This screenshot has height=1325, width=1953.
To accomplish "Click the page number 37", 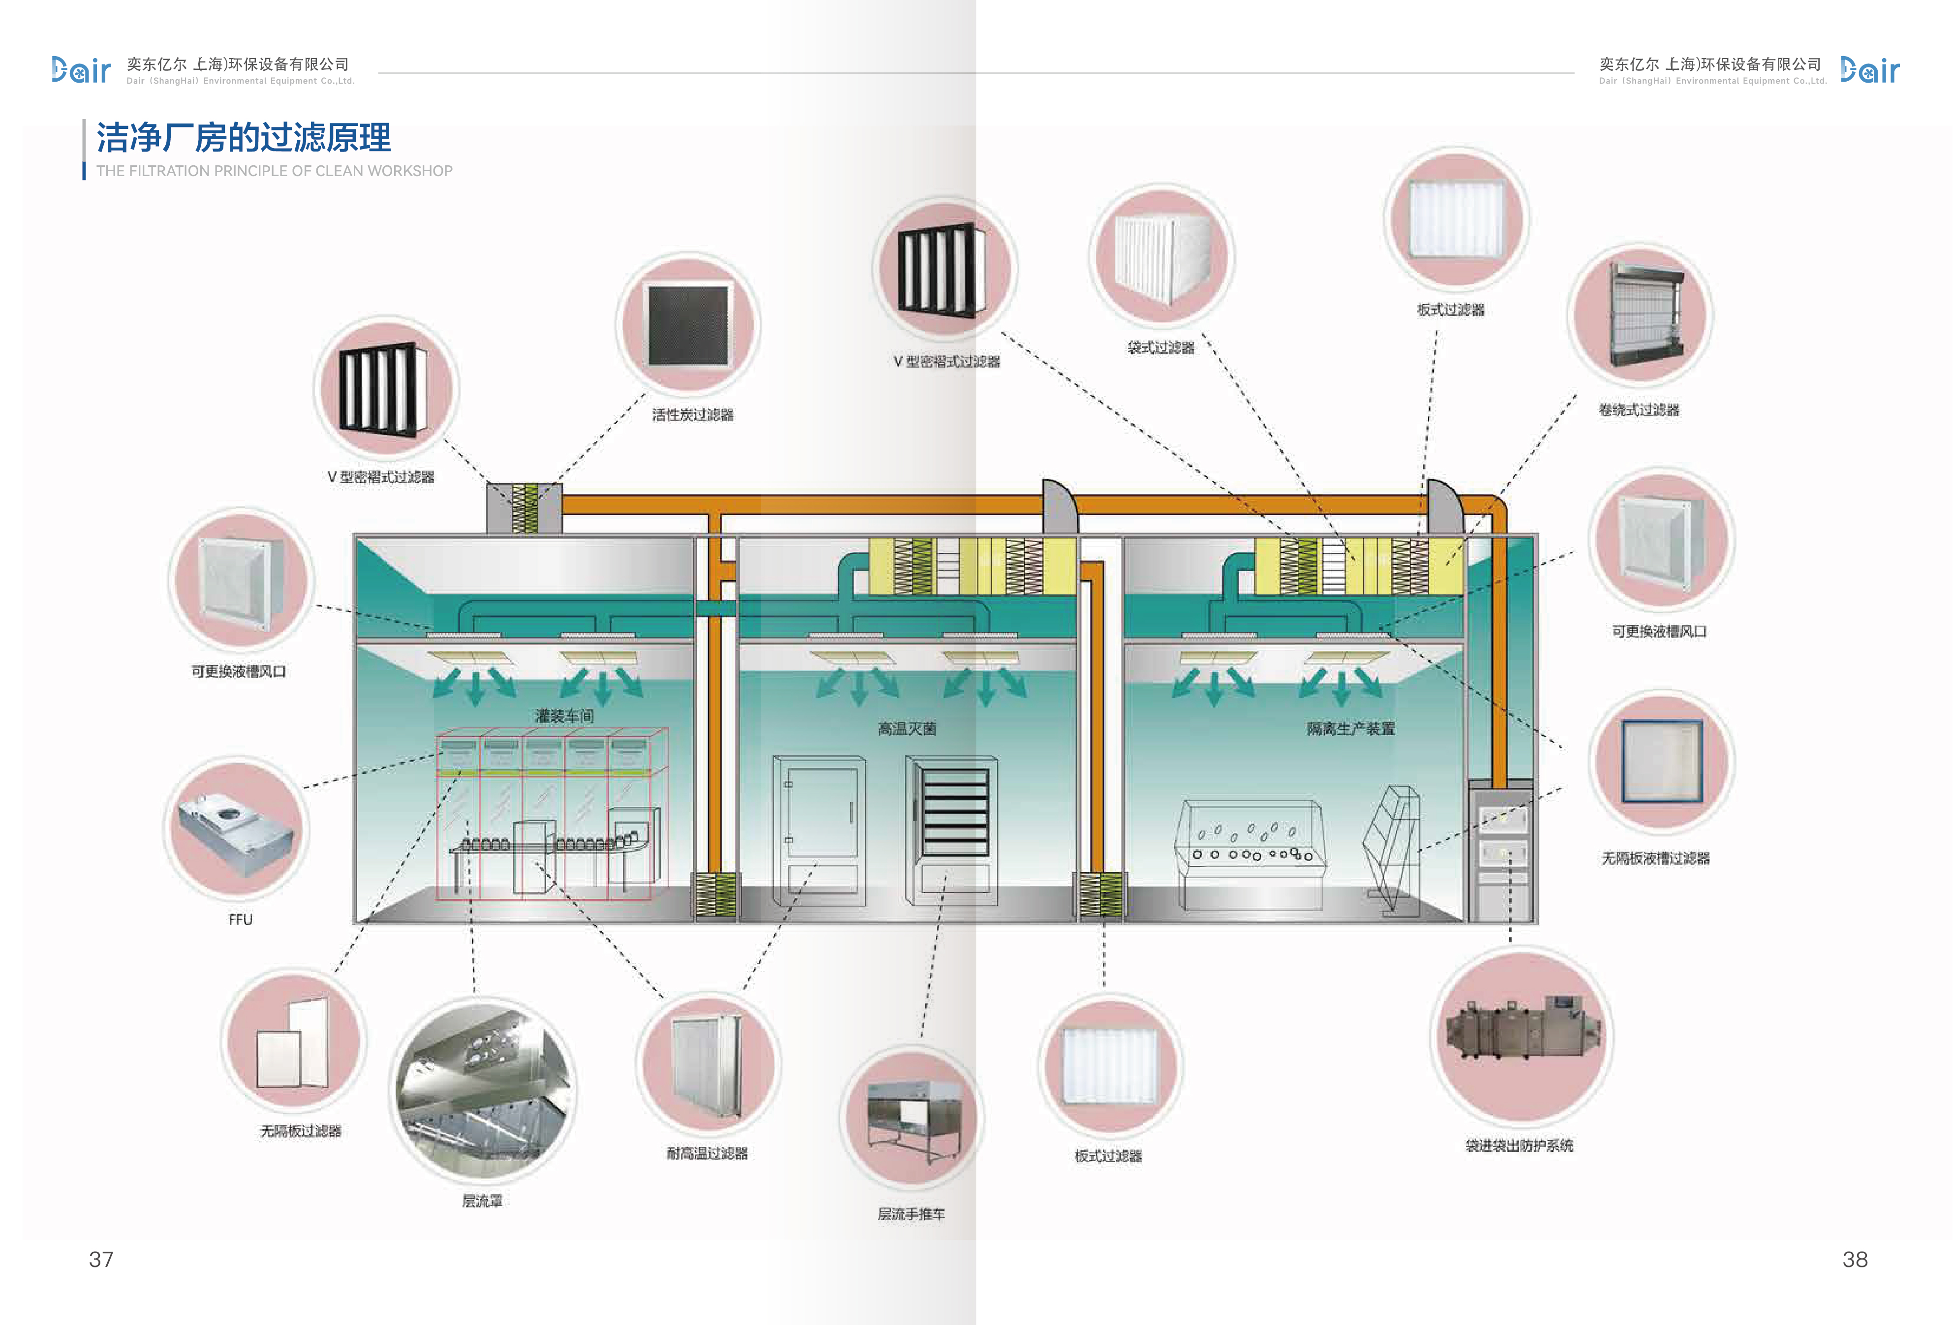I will pos(101,1259).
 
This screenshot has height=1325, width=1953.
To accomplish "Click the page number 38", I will pos(1855,1259).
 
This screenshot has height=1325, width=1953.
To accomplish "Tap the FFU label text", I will pos(240,919).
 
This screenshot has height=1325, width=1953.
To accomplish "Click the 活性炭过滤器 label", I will pos(692,414).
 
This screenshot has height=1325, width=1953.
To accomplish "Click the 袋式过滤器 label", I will pos(1161,347).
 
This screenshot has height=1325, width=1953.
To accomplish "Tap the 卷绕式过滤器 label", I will pos(1639,410).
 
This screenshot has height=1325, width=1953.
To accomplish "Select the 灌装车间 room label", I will pos(565,716).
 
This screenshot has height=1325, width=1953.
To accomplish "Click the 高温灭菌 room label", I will pos(907,729).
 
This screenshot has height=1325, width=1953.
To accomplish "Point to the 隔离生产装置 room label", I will pos(1350,729).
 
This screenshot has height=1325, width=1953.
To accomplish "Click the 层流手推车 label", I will pos(911,1214).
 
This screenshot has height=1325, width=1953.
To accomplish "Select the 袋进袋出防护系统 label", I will pos(1519,1145).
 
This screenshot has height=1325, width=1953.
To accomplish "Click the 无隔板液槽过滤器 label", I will pos(1655,858).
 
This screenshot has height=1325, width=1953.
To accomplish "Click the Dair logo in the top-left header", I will pos(81,70).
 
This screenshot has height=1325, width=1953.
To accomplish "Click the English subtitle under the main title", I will pos(274,171).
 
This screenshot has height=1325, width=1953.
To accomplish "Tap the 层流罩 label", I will pos(482,1201).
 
